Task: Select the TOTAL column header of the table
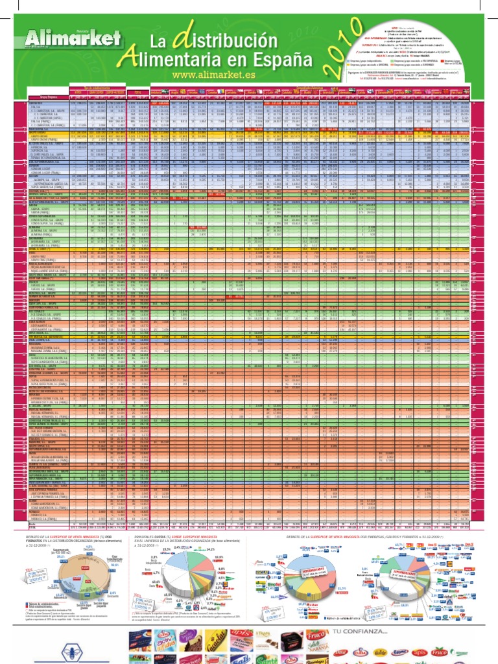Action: pyautogui.click(x=138, y=93)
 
